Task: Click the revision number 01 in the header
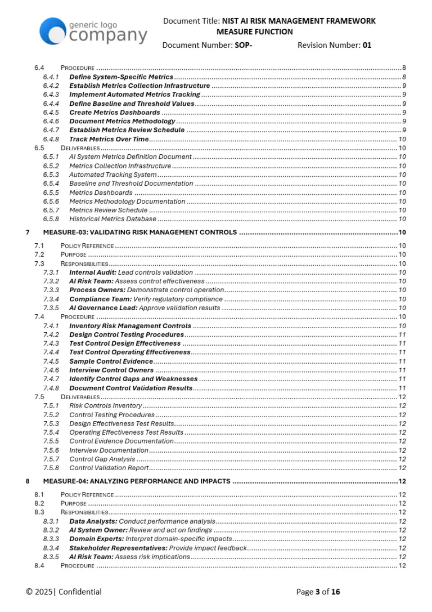[x=367, y=45]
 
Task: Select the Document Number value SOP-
[x=243, y=45]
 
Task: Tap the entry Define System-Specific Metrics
[x=121, y=77]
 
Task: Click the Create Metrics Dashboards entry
[x=115, y=113]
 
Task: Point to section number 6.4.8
[x=51, y=139]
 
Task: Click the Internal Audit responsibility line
[x=130, y=273]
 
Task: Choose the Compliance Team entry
[x=146, y=299]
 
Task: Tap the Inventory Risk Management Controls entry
[x=130, y=325]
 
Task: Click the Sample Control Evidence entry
[x=111, y=361]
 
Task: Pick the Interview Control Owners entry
[x=111, y=370]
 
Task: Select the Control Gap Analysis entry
[x=102, y=459]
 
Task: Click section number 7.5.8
[x=51, y=468]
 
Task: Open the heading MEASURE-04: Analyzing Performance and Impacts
[x=137, y=481]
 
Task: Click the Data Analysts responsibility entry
[x=142, y=521]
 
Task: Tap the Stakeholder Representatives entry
[x=157, y=548]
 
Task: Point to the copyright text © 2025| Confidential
[x=64, y=591]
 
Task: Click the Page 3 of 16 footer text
[x=318, y=591]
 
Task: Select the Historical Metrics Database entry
[x=112, y=219]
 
